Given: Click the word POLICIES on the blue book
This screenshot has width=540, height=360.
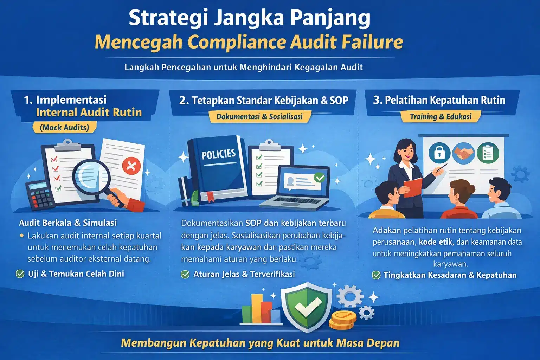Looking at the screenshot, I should (218, 154).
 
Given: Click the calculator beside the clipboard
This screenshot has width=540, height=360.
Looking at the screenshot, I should (39, 195).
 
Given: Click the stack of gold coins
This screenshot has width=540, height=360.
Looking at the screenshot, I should (342, 320).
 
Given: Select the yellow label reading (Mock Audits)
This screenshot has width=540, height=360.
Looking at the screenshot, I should (64, 127).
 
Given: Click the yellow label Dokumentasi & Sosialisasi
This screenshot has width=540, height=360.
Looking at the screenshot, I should (259, 117).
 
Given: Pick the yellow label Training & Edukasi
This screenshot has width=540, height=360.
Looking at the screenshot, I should (441, 117).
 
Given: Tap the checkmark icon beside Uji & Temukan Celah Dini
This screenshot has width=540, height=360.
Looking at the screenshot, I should (20, 274).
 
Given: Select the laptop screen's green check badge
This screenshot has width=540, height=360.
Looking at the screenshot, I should (320, 177).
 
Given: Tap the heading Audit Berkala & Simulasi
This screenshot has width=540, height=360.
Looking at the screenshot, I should (68, 223).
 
